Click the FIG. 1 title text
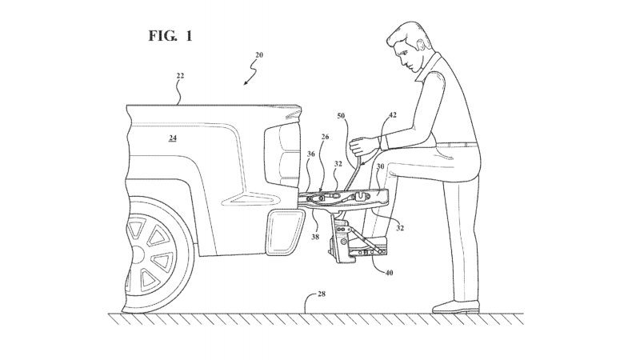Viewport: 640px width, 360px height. (x=170, y=36)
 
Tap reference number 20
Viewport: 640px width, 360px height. (x=259, y=54)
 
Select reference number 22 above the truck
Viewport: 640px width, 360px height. (x=180, y=75)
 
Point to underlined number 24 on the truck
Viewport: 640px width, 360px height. (x=173, y=138)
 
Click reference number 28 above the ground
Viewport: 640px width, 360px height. (x=322, y=294)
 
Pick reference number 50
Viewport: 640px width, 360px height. (x=341, y=116)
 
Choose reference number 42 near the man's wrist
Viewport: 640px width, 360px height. (x=393, y=115)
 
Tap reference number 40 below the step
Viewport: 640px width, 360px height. (x=389, y=272)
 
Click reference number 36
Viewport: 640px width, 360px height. (x=311, y=154)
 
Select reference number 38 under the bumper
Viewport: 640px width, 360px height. (x=315, y=236)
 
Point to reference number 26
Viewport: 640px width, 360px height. (x=325, y=137)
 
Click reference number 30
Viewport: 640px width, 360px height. (x=381, y=166)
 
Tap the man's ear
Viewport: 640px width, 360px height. (x=422, y=43)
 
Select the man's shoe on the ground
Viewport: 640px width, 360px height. (x=456, y=306)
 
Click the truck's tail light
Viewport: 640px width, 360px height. (x=282, y=155)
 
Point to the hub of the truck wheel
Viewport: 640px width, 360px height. (x=137, y=254)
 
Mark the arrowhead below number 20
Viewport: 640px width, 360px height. (x=246, y=83)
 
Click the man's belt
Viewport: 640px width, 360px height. (x=456, y=145)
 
